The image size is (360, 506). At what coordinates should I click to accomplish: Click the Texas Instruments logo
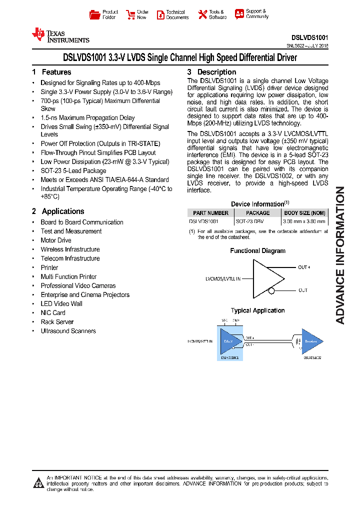click(x=60, y=34)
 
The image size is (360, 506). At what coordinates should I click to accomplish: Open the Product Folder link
click(x=104, y=14)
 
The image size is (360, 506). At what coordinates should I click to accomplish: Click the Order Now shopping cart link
click(x=137, y=14)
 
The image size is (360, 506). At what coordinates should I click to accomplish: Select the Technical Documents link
click(x=172, y=14)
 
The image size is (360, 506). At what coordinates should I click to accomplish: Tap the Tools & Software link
click(x=211, y=14)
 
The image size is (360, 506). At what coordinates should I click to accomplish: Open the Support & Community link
click(x=251, y=14)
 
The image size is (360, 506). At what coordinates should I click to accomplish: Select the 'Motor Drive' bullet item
click(x=56, y=240)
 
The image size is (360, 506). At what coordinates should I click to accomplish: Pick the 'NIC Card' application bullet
click(x=53, y=313)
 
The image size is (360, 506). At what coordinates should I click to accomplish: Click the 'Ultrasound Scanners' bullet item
click(x=68, y=331)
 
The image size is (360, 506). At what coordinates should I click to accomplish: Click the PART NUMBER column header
click(x=210, y=213)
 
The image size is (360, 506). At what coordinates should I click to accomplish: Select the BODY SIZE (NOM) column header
click(x=304, y=213)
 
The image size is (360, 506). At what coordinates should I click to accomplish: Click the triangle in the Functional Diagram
click(x=265, y=278)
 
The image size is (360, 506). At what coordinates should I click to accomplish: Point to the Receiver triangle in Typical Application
click(x=311, y=342)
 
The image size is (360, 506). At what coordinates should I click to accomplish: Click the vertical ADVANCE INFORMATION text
click(x=340, y=255)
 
